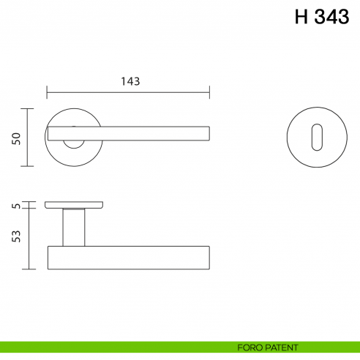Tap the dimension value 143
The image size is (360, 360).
pyautogui.click(x=129, y=81)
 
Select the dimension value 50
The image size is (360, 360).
pyautogui.click(x=15, y=138)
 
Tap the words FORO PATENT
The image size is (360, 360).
pyautogui.click(x=268, y=347)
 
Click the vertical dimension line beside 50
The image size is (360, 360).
pyautogui.click(x=28, y=138)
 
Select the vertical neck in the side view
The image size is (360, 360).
pyautogui.click(x=73, y=227)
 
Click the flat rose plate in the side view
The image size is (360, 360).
pyautogui.click(x=73, y=204)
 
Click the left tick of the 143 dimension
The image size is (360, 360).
pyautogui.click(x=48, y=93)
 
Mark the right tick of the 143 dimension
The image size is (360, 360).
pyautogui.click(x=210, y=93)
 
